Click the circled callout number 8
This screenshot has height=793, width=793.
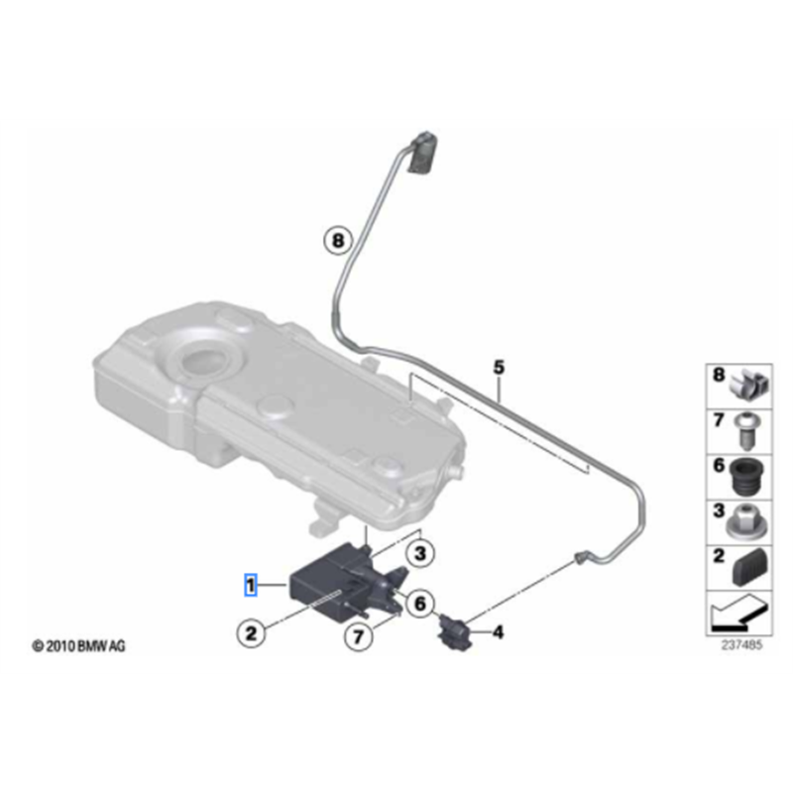coord(338,240)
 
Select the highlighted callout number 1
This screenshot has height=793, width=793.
coord(251,585)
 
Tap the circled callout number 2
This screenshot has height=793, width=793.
coord(251,632)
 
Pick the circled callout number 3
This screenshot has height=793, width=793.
coord(420,553)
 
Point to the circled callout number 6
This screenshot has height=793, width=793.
coord(420,603)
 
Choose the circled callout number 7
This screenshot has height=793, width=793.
coord(358,636)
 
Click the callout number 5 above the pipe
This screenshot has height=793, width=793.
coord(499,367)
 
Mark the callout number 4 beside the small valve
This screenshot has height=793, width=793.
coord(499,631)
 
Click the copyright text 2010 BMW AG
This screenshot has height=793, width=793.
coord(78,646)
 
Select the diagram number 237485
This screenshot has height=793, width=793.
coord(741,645)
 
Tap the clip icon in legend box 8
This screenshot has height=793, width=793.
coord(749,387)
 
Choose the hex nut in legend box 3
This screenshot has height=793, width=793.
coord(746,522)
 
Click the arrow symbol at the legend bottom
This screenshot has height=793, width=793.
coord(738,613)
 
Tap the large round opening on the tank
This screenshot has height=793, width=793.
coord(205,361)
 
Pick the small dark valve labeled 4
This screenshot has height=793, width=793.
coord(454,631)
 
